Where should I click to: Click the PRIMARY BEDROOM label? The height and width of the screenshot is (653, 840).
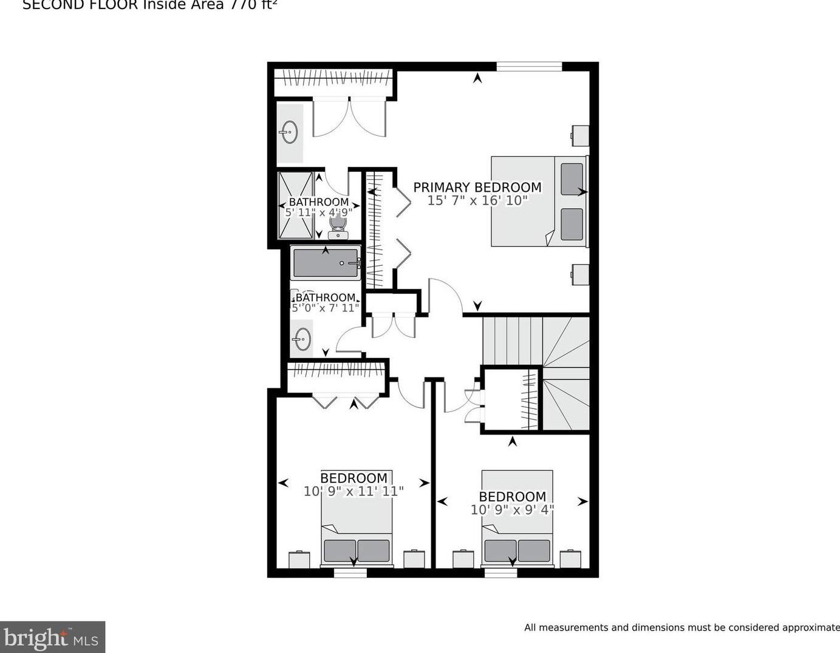click(477, 188)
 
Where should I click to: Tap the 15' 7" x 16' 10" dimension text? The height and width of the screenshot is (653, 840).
click(477, 201)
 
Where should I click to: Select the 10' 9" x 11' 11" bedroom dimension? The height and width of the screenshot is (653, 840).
click(353, 492)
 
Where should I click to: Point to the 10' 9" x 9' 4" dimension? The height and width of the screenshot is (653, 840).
click(512, 510)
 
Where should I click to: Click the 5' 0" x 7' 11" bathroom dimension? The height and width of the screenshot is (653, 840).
click(326, 308)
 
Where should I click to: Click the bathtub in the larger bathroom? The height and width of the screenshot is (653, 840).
click(326, 263)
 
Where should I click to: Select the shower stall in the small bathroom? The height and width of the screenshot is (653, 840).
click(295, 206)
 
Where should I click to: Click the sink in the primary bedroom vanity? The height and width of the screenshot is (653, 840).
click(289, 132)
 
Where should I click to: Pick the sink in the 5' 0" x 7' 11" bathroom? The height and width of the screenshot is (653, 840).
click(302, 339)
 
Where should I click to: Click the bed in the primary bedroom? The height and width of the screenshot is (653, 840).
click(539, 201)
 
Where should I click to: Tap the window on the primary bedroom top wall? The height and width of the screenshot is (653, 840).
click(529, 66)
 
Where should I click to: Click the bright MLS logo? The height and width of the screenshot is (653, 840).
click(52, 637)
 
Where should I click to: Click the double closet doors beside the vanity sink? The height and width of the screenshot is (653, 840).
click(349, 117)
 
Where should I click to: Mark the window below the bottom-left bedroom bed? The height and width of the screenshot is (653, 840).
click(350, 572)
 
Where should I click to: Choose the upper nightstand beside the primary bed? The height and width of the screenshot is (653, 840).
click(580, 136)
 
